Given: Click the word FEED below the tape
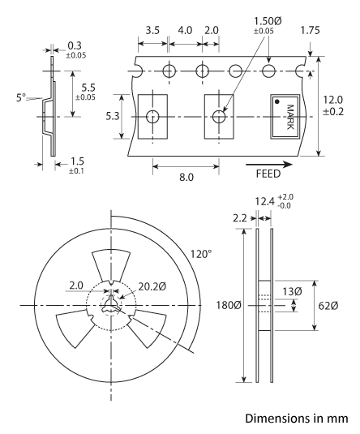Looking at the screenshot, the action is [x=268, y=174].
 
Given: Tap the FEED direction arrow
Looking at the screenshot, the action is [x=269, y=165].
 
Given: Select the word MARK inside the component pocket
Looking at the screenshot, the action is [x=289, y=117].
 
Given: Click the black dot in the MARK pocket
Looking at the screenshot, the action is [x=277, y=102].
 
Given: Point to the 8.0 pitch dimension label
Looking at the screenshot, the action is [x=186, y=177].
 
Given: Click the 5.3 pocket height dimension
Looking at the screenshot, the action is [x=113, y=116].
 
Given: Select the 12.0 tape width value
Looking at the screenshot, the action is [x=333, y=99].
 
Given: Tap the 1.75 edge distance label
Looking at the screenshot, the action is [x=311, y=30].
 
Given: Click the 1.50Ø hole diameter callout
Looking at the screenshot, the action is [x=268, y=21].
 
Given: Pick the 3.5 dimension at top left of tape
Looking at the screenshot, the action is [x=152, y=30].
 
